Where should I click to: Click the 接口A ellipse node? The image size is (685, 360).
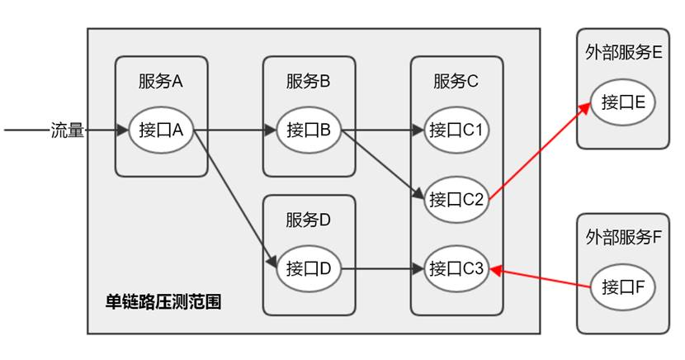(161, 130)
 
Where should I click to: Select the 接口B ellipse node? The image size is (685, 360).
(309, 130)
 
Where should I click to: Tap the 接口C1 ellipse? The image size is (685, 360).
(456, 130)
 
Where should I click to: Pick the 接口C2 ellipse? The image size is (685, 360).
(456, 199)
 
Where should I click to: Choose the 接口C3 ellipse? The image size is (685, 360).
(456, 268)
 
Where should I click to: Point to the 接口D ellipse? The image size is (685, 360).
(309, 268)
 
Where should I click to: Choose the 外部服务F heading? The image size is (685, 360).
(622, 238)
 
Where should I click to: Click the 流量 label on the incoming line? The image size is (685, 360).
(68, 130)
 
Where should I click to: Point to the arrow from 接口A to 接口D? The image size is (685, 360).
(235, 197)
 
